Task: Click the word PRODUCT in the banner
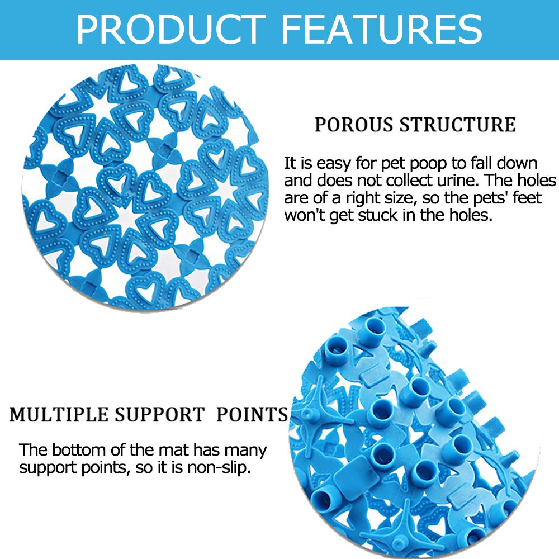click(170, 29)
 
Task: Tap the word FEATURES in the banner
click(382, 29)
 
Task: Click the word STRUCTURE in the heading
click(457, 125)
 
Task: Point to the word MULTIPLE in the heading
click(59, 415)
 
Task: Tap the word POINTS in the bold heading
click(252, 415)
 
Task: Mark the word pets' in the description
click(491, 198)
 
